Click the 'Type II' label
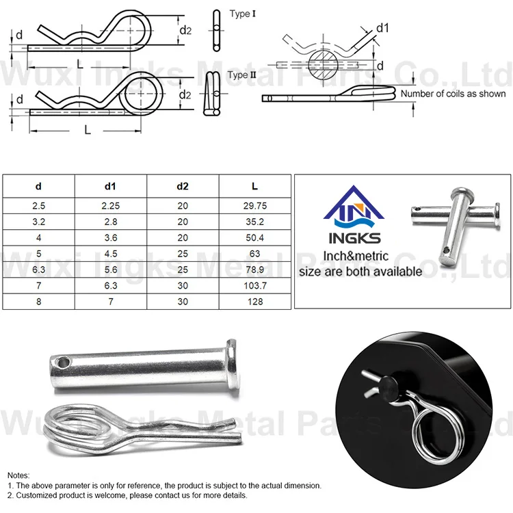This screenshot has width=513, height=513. pos(238,75)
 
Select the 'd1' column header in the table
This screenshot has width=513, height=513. pos(110,186)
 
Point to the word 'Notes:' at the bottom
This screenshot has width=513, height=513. pos(19,474)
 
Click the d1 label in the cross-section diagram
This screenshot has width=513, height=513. pos(382,27)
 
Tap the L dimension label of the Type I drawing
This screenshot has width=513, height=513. pos(80,64)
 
